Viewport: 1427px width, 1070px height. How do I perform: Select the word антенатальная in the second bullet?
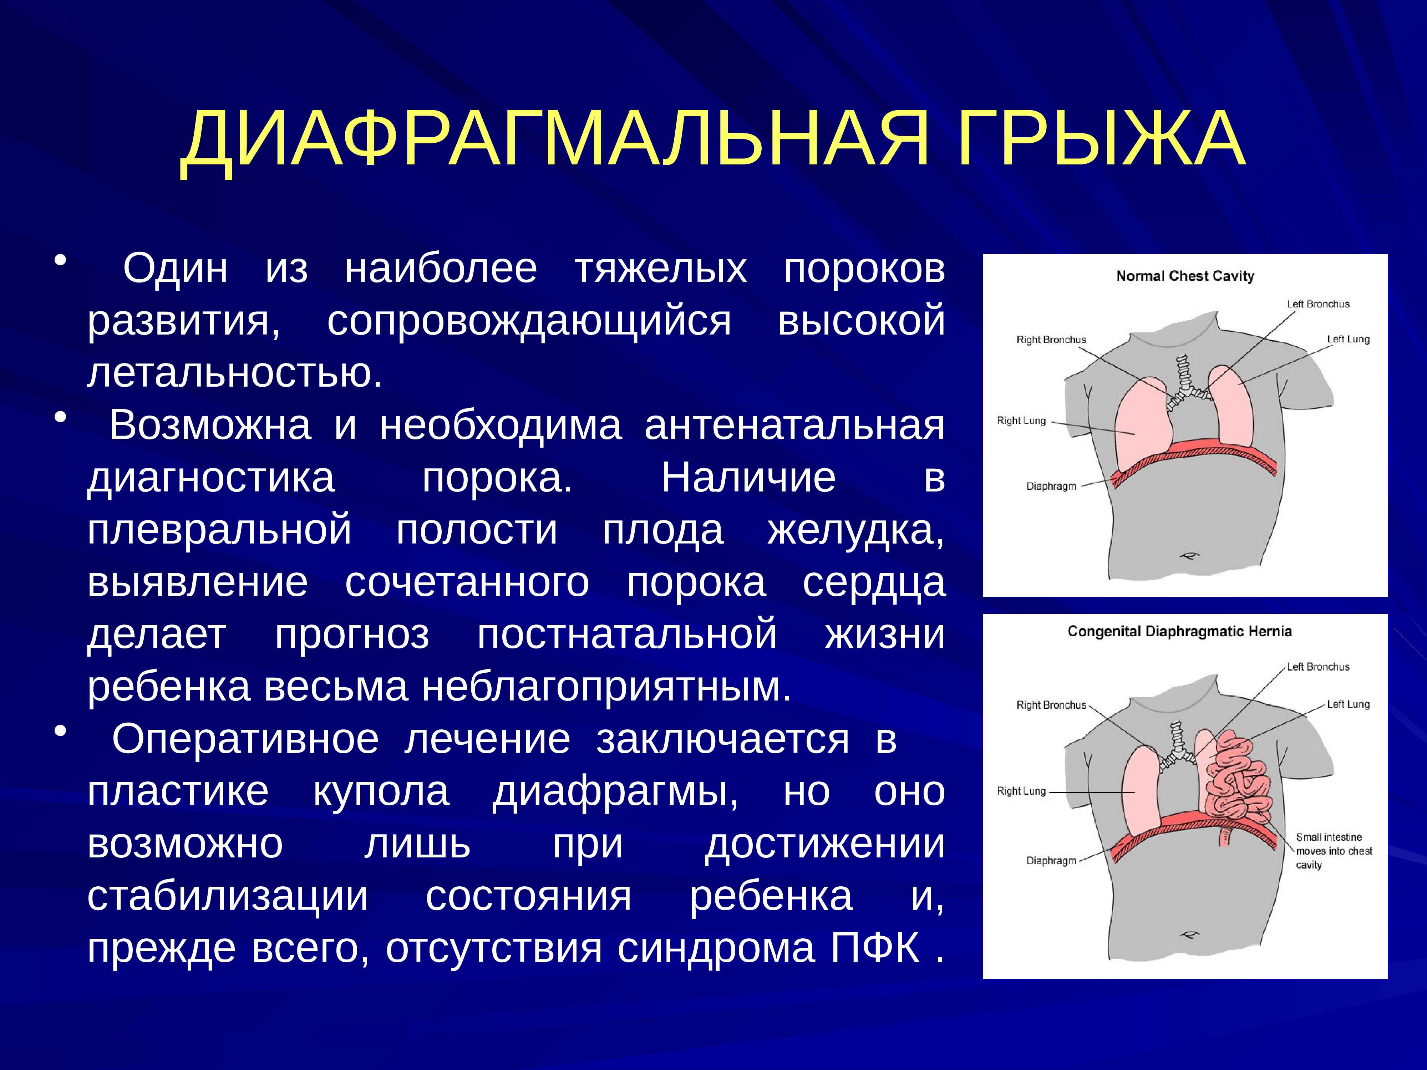(795, 426)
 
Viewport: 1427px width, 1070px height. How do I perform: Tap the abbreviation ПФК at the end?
(875, 948)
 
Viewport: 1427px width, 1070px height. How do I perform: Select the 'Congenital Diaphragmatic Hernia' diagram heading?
(1179, 631)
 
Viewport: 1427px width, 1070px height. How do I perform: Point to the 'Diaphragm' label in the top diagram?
(1052, 486)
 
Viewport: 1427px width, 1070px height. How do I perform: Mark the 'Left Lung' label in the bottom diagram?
(1348, 704)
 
